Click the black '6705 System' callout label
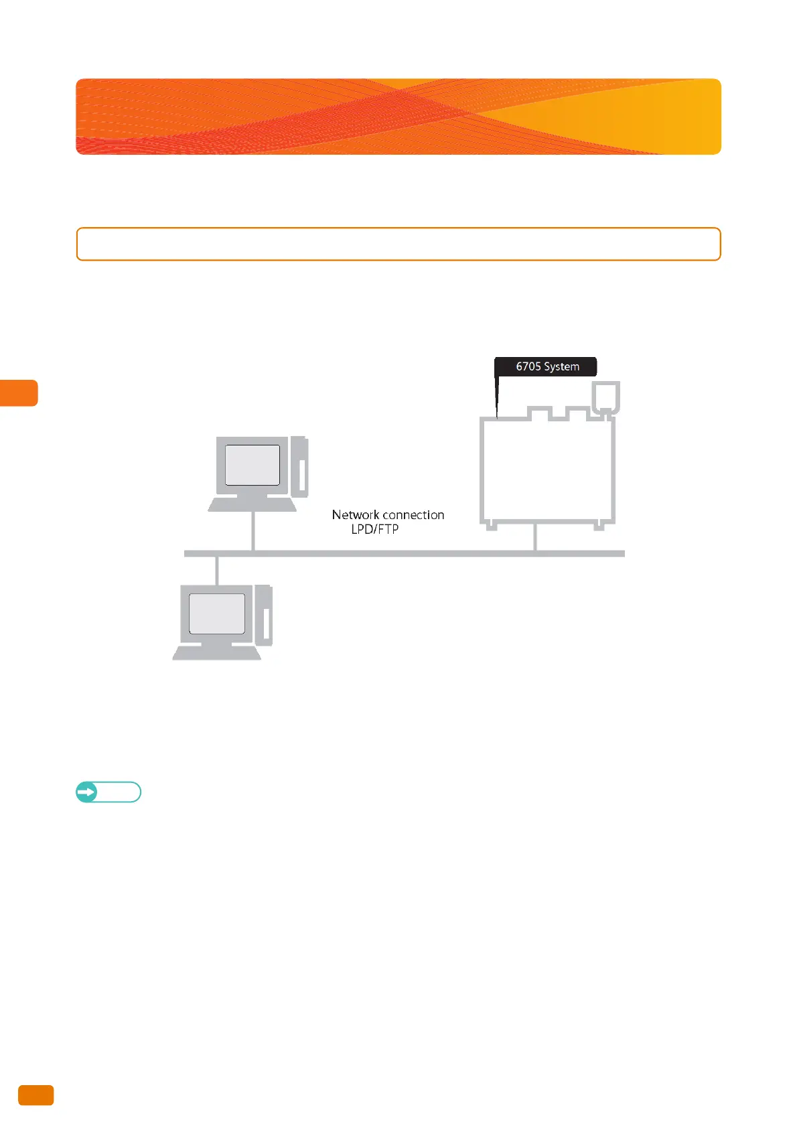pyautogui.click(x=545, y=366)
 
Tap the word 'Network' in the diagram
pyautogui.click(x=356, y=514)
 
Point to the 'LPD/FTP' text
pyautogui.click(x=374, y=529)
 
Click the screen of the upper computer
pyautogui.click(x=252, y=465)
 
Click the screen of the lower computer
pyautogui.click(x=217, y=613)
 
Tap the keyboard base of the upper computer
pyautogui.click(x=252, y=504)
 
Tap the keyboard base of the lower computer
pyautogui.click(x=217, y=652)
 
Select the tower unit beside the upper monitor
pyautogui.click(x=299, y=467)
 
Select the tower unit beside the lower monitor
pyautogui.click(x=264, y=615)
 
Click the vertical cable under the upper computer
pyautogui.click(x=252, y=531)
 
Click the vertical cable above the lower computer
pyautogui.click(x=216, y=569)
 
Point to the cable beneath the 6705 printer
pyautogui.click(x=535, y=537)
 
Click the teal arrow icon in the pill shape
pyautogui.click(x=86, y=792)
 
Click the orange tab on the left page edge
pyautogui.click(x=19, y=393)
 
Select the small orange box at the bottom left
pyautogui.click(x=35, y=1095)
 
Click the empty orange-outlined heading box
pyautogui.click(x=398, y=244)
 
